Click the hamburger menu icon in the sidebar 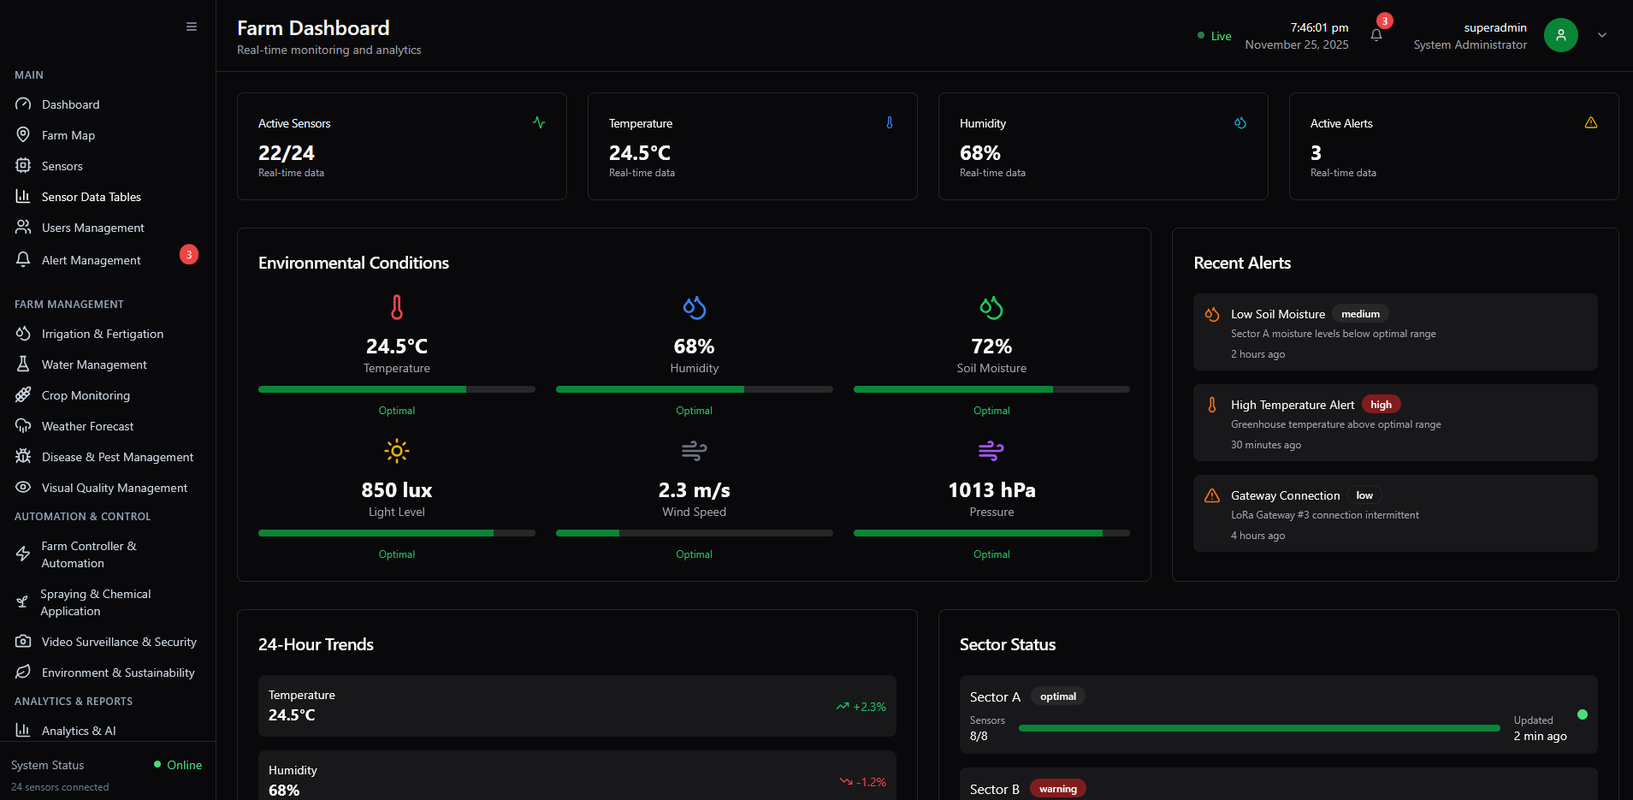192,27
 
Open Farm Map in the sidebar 68,135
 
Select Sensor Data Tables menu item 91,197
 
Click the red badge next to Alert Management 189,255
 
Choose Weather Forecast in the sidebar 87,426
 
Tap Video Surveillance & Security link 119,642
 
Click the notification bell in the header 1376,35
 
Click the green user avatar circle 1560,35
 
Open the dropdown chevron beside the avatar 1602,35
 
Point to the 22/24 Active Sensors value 287,153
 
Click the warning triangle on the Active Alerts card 1591,123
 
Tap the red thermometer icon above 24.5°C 397,307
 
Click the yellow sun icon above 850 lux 397,451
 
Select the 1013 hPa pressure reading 991,490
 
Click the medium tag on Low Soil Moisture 1360,314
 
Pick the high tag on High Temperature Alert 1381,405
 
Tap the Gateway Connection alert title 1285,495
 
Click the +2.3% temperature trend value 869,707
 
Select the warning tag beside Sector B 1057,789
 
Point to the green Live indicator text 1221,36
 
